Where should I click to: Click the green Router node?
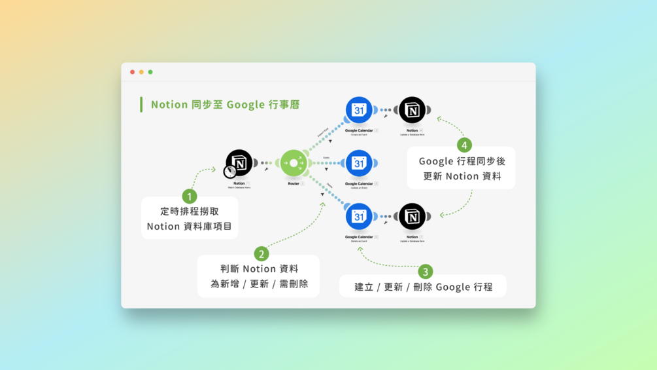294,163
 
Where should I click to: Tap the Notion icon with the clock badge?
239,162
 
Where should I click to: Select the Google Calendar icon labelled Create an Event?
359,110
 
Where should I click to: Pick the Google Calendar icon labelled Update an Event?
359,163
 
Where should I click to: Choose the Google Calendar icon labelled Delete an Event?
359,217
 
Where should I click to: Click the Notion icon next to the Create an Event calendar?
412,110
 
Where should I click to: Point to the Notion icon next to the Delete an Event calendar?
412,217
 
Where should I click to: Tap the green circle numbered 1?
190,196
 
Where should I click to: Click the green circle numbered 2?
261,254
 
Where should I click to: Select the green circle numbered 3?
426,271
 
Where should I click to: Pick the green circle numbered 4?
464,145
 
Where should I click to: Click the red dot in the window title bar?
133,72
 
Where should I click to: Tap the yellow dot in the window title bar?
141,72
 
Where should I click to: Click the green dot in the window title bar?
150,72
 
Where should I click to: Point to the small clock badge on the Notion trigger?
229,172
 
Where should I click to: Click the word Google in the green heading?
245,105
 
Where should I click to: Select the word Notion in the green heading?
169,105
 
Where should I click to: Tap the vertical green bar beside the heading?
141,105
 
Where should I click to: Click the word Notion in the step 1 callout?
163,227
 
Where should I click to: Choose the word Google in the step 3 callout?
454,287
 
